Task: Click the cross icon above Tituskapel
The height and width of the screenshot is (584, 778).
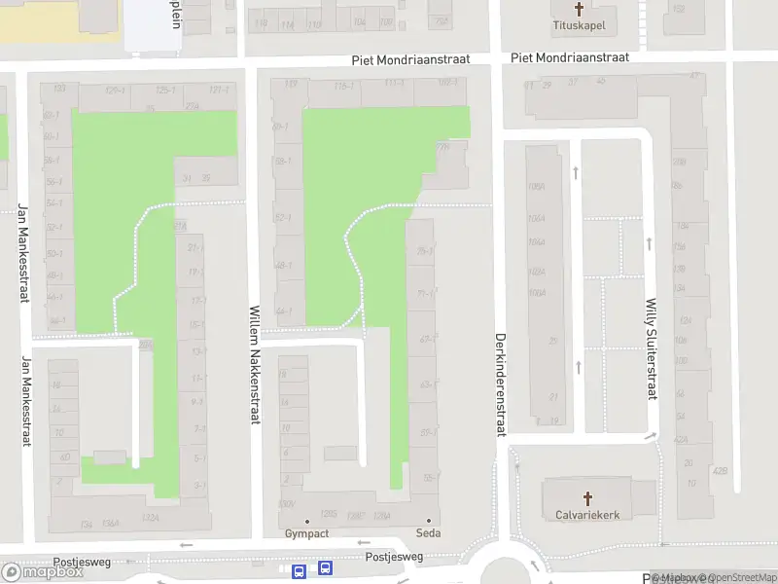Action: pos(580,10)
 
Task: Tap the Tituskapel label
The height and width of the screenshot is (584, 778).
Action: pos(580,27)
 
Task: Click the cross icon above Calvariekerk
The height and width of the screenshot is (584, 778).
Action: pos(587,497)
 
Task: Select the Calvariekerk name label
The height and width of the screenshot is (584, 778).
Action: pos(587,514)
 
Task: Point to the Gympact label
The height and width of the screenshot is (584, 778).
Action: pos(307,533)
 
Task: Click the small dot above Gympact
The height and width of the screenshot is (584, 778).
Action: pos(307,521)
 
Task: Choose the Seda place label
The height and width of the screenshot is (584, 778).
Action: pos(428,532)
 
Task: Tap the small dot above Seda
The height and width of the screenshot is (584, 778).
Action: pos(428,521)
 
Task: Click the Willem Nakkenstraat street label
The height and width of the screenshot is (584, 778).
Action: pos(255,365)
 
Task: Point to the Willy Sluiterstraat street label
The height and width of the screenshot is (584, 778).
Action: pos(651,347)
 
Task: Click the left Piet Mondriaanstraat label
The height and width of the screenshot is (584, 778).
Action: pos(410,59)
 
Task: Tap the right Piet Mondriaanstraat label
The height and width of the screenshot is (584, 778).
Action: pos(570,57)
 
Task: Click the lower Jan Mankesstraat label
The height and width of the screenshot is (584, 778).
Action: pos(26,400)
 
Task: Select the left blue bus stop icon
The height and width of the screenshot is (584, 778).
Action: pos(300,569)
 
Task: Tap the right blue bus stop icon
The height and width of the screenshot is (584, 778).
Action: pos(325,568)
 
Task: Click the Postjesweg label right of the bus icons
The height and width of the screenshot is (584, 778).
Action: pos(394,557)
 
